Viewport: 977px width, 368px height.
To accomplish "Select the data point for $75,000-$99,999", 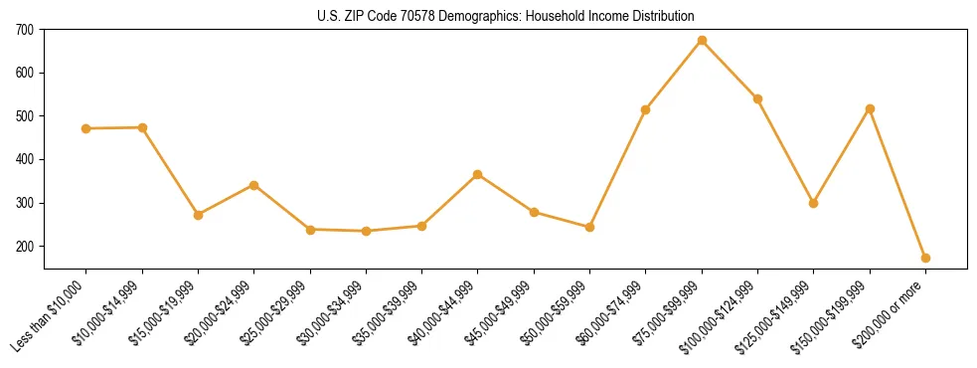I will (x=703, y=41).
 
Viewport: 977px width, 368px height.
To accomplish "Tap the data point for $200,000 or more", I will (x=926, y=258).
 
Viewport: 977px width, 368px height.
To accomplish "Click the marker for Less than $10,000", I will (x=86, y=128).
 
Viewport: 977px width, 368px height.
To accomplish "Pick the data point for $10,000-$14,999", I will (x=142, y=127).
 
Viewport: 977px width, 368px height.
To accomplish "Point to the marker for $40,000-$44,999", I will (x=478, y=174).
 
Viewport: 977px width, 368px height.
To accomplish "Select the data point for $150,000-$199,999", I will (x=871, y=108).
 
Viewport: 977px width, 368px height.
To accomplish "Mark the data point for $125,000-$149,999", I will (x=814, y=203).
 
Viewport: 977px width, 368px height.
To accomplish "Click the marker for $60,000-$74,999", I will (x=646, y=109).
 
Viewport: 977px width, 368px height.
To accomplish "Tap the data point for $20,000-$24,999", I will (x=254, y=185).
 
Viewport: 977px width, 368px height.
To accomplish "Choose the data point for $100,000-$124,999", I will (x=758, y=98).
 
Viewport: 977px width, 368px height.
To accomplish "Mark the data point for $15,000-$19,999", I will (x=199, y=215).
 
